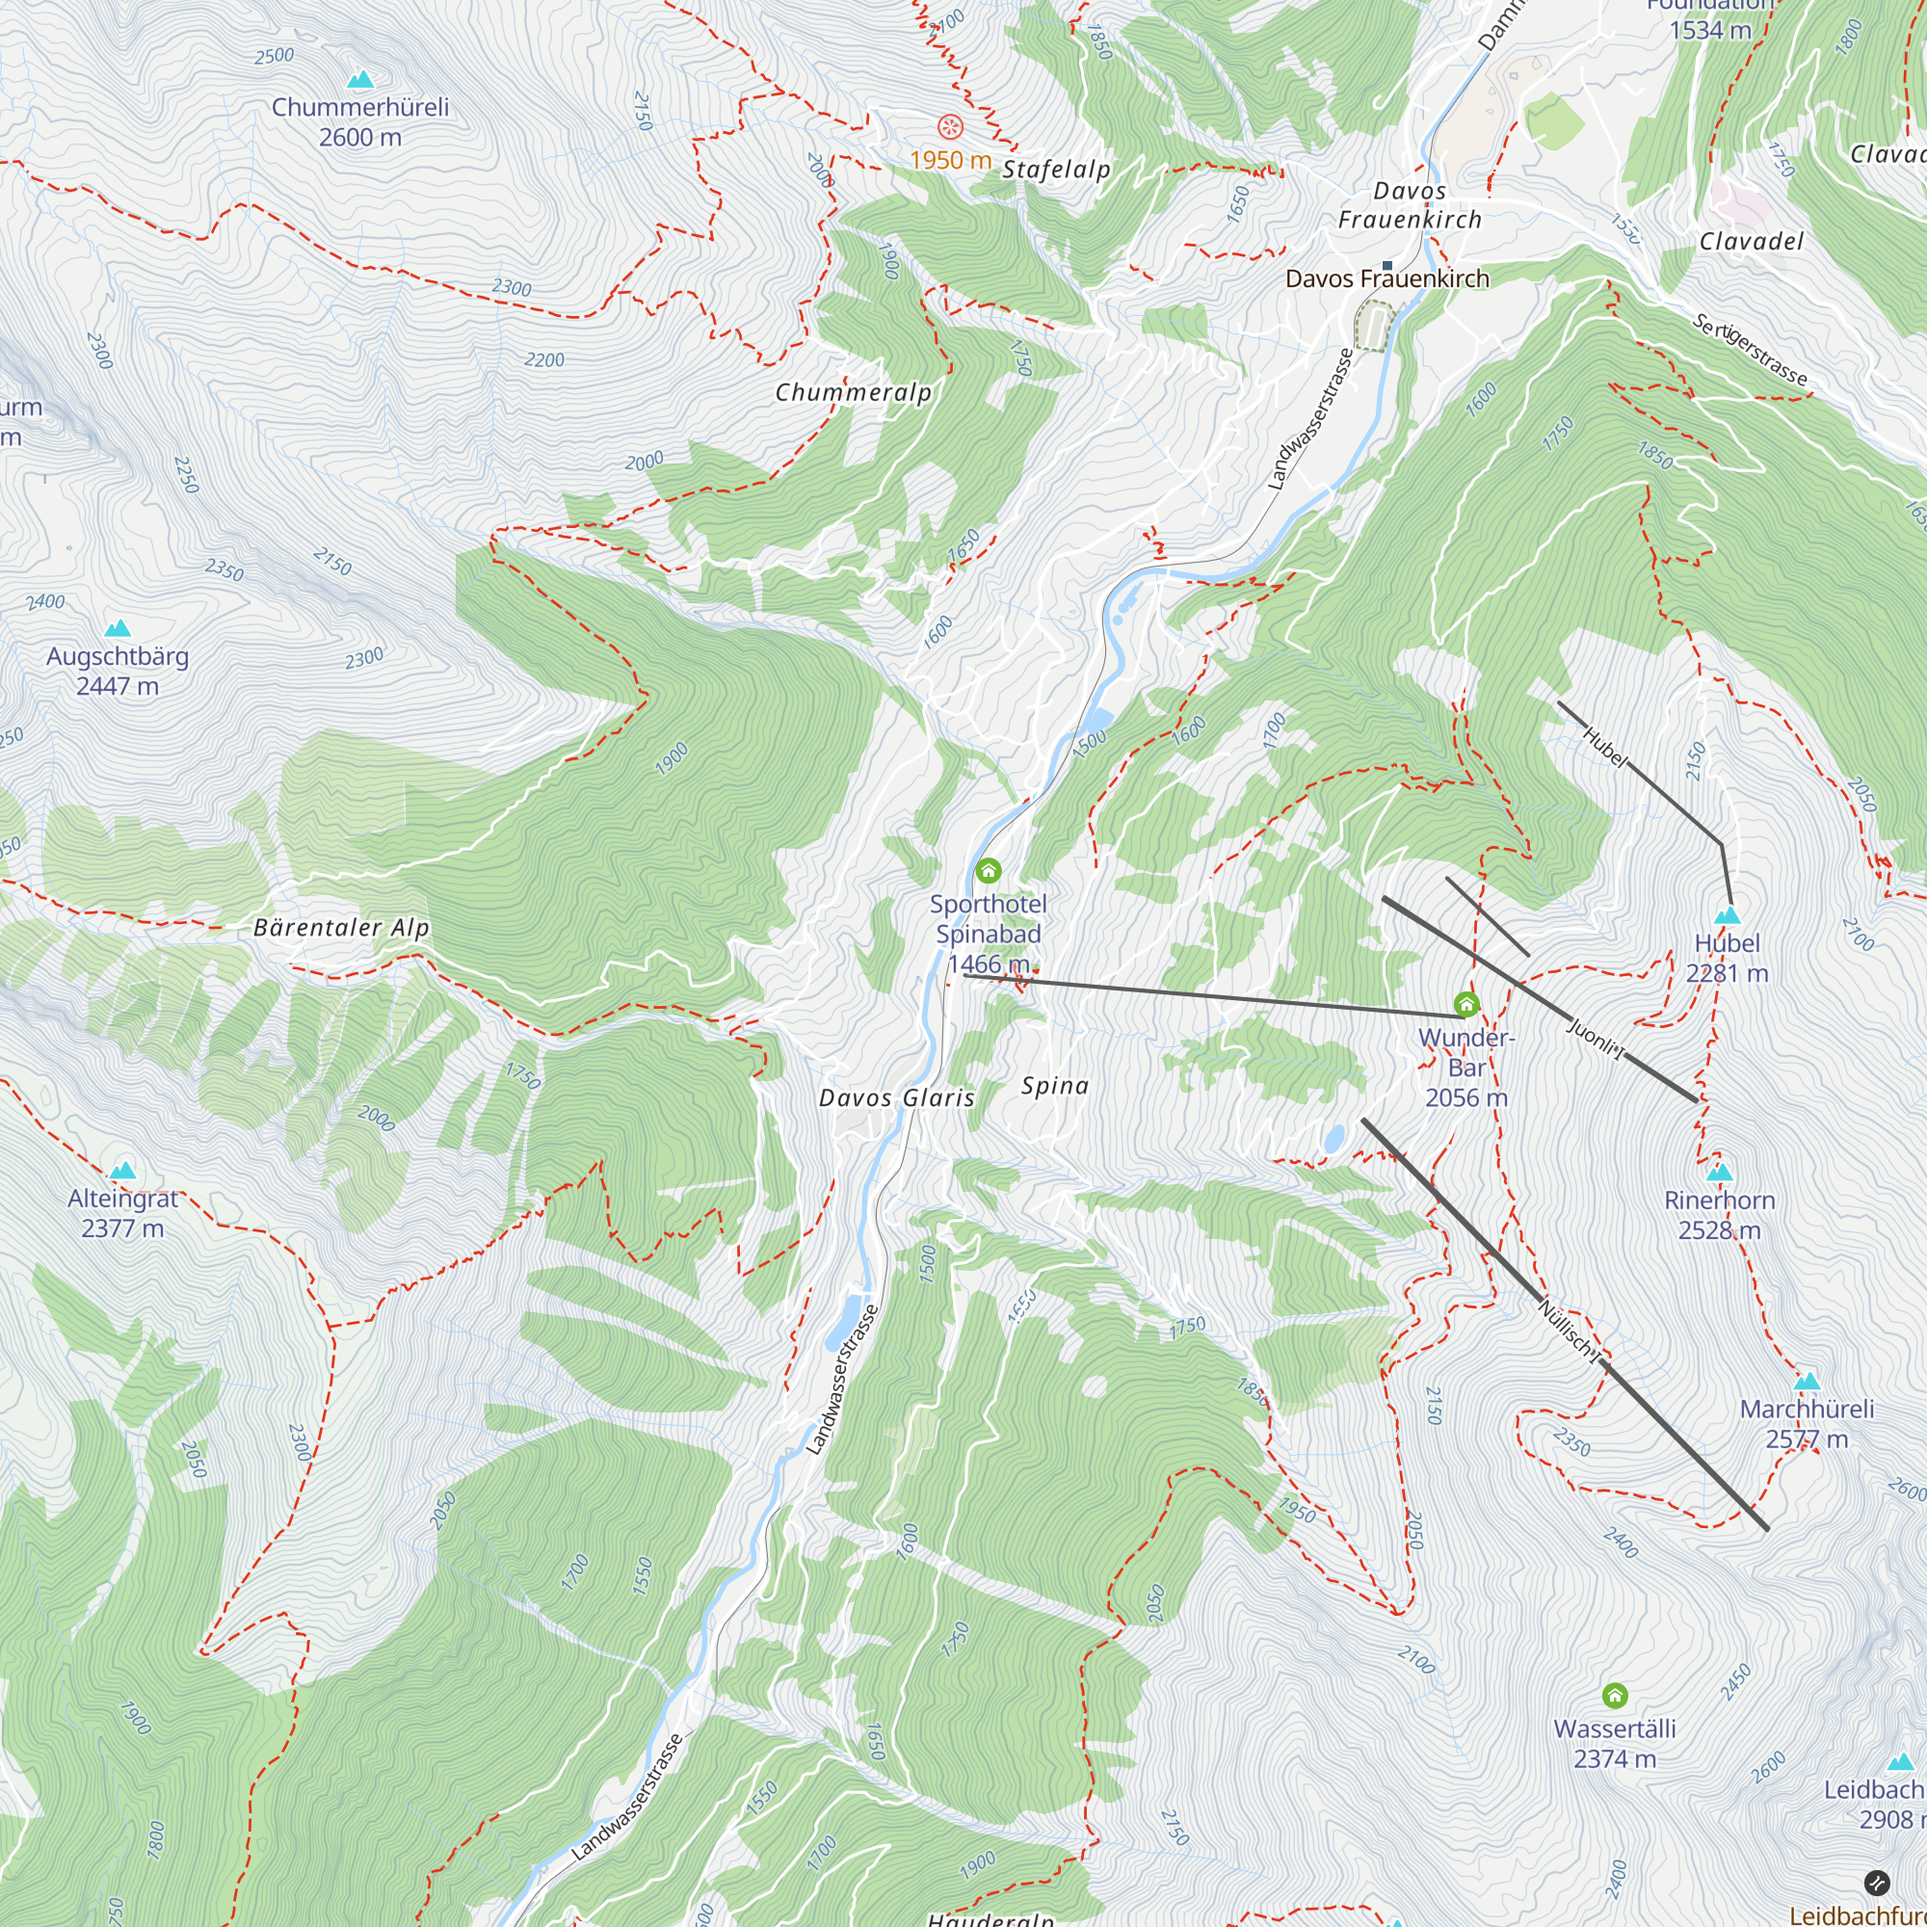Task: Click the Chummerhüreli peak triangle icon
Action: pyautogui.click(x=360, y=79)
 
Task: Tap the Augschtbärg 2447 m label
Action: pyautogui.click(x=118, y=671)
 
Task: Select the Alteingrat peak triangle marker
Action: pyautogui.click(x=122, y=1170)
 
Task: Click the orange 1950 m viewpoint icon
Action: pyautogui.click(x=950, y=126)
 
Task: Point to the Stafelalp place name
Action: pyautogui.click(x=1055, y=170)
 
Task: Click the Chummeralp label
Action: pyautogui.click(x=854, y=392)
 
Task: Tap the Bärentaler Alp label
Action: pyautogui.click(x=341, y=928)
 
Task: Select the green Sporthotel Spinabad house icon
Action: pyautogui.click(x=988, y=871)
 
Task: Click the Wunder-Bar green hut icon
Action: pyautogui.click(x=1465, y=1003)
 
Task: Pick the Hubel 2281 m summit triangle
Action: pyautogui.click(x=1727, y=914)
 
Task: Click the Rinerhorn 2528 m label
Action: pyautogui.click(x=1720, y=1214)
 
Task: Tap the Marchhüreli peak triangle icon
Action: pyautogui.click(x=1807, y=1382)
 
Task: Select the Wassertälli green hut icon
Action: pyautogui.click(x=1614, y=1695)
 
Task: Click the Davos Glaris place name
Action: pyautogui.click(x=897, y=1098)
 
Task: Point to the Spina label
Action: pyautogui.click(x=1054, y=1085)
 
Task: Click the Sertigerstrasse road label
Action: pyautogui.click(x=1750, y=349)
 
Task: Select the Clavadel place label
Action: pyautogui.click(x=1752, y=242)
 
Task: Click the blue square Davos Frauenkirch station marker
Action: pyautogui.click(x=1386, y=265)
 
